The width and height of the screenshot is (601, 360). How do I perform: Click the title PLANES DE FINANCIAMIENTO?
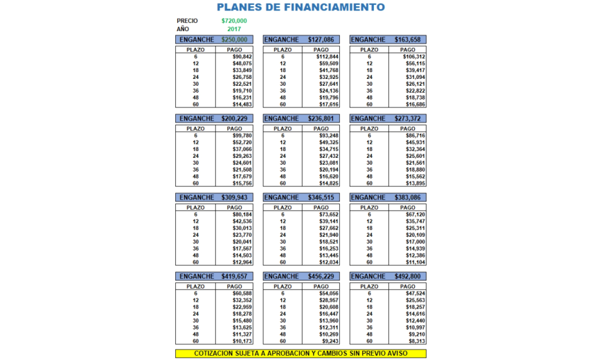pyautogui.click(x=300, y=8)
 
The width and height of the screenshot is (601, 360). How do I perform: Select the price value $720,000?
pyautogui.click(x=233, y=21)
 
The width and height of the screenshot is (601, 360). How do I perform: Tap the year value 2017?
pyautogui.click(x=233, y=29)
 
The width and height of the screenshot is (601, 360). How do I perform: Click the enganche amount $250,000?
pyautogui.click(x=233, y=40)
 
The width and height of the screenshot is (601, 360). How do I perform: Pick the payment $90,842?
pyautogui.click(x=242, y=57)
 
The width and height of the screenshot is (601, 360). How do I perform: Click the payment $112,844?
pyautogui.click(x=328, y=57)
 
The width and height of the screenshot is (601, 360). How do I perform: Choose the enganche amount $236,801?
pyautogui.click(x=321, y=118)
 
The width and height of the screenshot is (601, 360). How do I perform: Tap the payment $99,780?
pyautogui.click(x=242, y=136)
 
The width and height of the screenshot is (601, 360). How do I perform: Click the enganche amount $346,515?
pyautogui.click(x=321, y=197)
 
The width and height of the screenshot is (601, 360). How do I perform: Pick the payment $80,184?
pyautogui.click(x=242, y=215)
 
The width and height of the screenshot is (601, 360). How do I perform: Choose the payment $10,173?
pyautogui.click(x=242, y=341)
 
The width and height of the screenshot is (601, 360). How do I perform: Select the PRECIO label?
pyautogui.click(x=187, y=21)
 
